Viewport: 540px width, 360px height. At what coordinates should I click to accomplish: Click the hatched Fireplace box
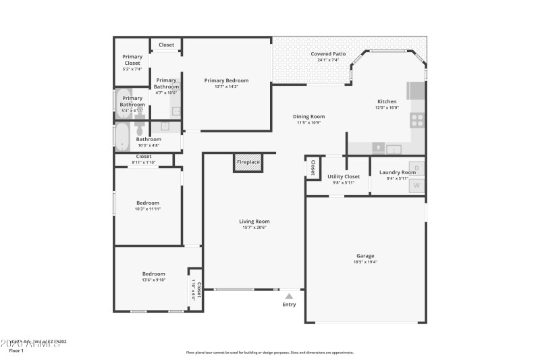pos(248,162)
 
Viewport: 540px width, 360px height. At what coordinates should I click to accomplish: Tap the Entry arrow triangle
pos(289,295)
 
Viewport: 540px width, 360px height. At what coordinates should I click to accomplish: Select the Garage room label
pos(366,256)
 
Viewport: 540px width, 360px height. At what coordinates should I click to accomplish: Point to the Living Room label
pos(254,221)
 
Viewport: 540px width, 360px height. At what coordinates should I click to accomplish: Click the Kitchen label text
pos(387,101)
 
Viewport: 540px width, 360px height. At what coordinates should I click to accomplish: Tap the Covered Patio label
pos(328,54)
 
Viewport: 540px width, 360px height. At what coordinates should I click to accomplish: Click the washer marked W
pos(416,185)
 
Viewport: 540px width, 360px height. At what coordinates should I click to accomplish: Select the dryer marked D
pos(416,168)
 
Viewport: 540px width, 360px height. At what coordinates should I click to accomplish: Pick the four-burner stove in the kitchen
pos(417,121)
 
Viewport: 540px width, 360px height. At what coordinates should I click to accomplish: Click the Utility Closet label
pos(344,176)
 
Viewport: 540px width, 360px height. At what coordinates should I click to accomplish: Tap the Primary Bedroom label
pos(226,80)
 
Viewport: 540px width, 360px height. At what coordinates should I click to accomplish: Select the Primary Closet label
pos(132,59)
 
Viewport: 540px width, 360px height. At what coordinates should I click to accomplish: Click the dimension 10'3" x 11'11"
pos(148,209)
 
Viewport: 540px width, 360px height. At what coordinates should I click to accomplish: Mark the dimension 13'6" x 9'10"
pos(153,280)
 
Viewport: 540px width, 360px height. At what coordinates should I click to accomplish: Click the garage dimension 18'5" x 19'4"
pos(366,262)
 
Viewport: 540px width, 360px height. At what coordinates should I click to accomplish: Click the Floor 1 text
pos(16,351)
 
